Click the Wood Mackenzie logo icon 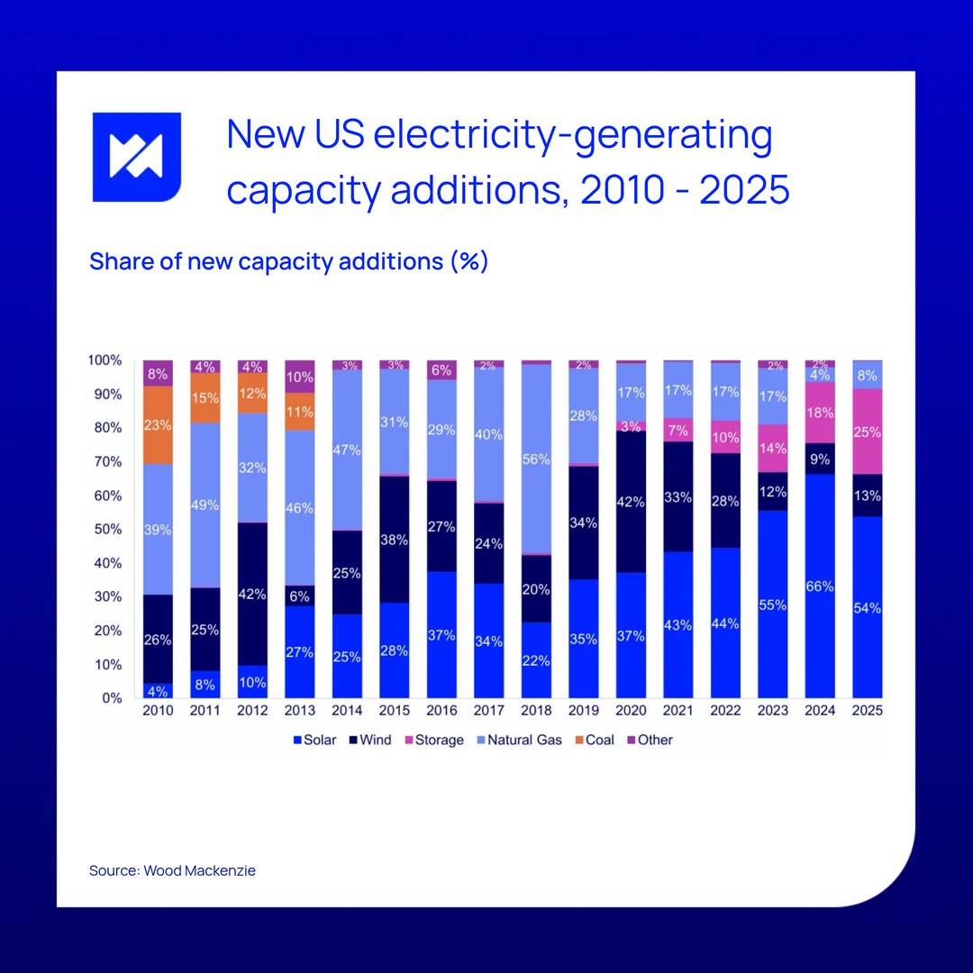pyautogui.click(x=137, y=157)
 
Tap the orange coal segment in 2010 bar pyautogui.click(x=158, y=424)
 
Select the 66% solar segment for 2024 pyautogui.click(x=820, y=586)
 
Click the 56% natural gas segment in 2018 pyautogui.click(x=536, y=459)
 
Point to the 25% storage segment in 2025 pyautogui.click(x=867, y=432)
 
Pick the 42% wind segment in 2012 pyautogui.click(x=252, y=593)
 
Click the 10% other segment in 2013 pyautogui.click(x=299, y=377)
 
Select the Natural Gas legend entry pyautogui.click(x=523, y=740)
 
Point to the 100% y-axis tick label pyautogui.click(x=105, y=360)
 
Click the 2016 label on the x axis pyautogui.click(x=441, y=711)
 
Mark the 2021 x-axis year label pyautogui.click(x=677, y=711)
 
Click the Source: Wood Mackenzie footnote pyautogui.click(x=172, y=871)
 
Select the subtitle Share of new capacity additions pyautogui.click(x=288, y=262)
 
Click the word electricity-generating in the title pyautogui.click(x=572, y=135)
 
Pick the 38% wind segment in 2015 pyautogui.click(x=394, y=540)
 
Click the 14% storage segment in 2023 pyautogui.click(x=772, y=448)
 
